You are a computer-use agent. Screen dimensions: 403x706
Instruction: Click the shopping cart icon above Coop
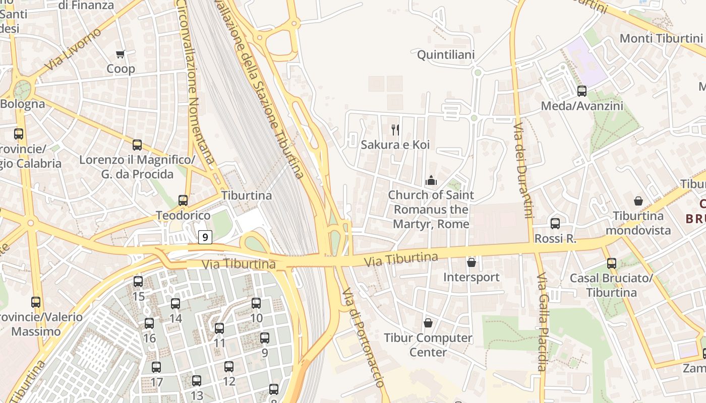120,54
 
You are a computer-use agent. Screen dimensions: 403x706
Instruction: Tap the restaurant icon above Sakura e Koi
395,130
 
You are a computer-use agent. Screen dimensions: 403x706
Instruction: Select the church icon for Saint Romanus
431,180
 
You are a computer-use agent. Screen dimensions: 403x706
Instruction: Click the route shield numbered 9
205,237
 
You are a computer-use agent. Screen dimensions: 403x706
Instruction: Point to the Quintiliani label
446,54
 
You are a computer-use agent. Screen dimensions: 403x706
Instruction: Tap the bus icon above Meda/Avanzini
582,91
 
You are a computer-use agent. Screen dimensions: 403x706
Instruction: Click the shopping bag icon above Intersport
471,262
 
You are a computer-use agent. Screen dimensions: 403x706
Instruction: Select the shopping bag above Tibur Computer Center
428,322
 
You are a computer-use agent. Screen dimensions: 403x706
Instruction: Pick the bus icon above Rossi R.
555,223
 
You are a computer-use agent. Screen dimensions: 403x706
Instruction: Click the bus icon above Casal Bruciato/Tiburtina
612,263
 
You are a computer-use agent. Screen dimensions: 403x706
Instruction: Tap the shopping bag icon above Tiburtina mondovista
638,201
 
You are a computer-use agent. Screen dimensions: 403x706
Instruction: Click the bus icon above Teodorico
183,200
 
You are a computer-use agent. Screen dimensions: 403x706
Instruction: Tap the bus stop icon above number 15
138,282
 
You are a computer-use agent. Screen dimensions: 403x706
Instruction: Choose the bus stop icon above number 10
256,303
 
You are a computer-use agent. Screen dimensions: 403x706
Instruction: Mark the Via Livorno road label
73,49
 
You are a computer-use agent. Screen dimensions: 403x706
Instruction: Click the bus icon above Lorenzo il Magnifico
137,145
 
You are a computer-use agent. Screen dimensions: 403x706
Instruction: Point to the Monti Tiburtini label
661,38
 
